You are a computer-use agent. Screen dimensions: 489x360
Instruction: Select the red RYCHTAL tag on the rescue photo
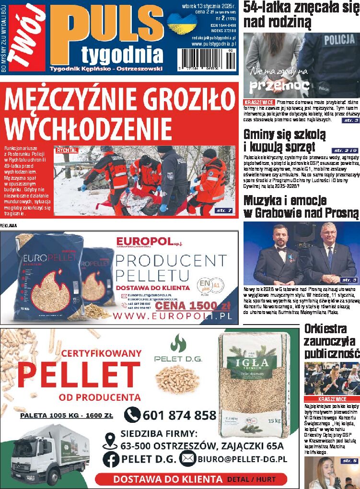67,150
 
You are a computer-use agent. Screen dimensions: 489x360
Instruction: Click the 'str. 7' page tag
223,210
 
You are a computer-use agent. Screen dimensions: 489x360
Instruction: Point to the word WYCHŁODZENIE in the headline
88,128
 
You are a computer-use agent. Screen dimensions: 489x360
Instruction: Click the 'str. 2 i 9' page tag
344,151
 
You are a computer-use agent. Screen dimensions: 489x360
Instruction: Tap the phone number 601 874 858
179,415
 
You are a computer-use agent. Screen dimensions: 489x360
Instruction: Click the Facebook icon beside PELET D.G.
111,459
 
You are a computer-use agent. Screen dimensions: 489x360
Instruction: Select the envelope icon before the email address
187,459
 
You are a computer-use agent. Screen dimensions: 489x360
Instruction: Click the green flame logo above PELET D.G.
178,343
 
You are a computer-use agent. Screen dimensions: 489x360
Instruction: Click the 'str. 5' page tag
348,461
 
